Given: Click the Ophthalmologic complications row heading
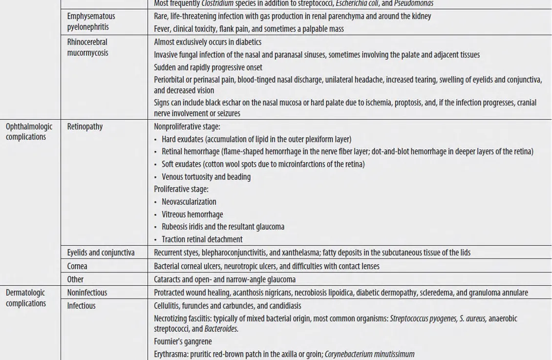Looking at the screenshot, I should click(x=29, y=132).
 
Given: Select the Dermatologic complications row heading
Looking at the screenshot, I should click(x=25, y=298).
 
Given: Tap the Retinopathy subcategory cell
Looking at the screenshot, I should click(x=85, y=127).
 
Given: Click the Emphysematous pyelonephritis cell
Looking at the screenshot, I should click(x=91, y=21).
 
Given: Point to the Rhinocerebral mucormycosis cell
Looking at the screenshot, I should click(x=88, y=47).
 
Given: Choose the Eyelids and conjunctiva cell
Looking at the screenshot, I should click(x=101, y=253).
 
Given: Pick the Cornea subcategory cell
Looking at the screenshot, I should click(x=78, y=266).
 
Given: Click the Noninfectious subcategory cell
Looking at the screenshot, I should click(x=87, y=293).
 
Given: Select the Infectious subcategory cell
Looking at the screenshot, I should click(x=81, y=306).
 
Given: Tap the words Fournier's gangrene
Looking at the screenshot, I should click(x=183, y=341).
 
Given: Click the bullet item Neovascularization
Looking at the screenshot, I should click(x=189, y=202).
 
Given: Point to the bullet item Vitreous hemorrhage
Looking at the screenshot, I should click(x=192, y=214).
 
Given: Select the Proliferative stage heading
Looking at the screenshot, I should click(x=181, y=189).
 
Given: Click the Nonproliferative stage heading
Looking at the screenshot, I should click(x=187, y=127).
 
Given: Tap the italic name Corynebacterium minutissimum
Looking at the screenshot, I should click(x=369, y=354).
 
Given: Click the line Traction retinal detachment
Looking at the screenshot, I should click(x=202, y=239).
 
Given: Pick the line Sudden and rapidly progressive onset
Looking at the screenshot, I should click(x=208, y=67).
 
